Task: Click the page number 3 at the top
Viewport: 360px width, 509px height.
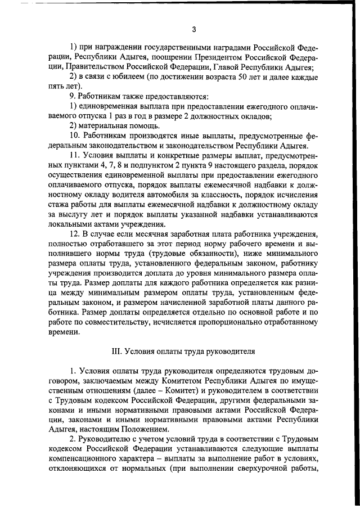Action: coord(193,29)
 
